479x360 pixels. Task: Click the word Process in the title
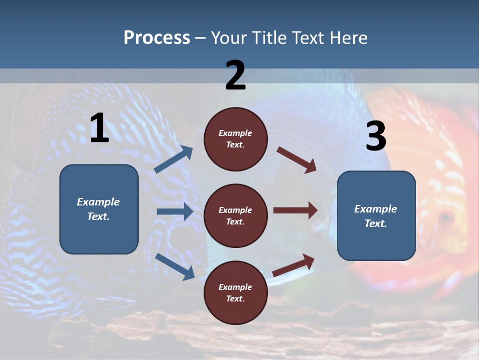coord(157,38)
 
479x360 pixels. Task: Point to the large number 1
coord(99,128)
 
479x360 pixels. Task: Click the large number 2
coord(236,75)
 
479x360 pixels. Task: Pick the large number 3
coord(376,136)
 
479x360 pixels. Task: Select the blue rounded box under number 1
coord(99,209)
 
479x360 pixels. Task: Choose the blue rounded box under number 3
coord(376,215)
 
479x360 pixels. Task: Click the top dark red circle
coord(236,139)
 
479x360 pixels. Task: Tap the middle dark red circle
coord(236,215)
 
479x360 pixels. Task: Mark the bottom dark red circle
coord(236,292)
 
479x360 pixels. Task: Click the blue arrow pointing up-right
coord(174,159)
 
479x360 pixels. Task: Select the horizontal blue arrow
coord(175,211)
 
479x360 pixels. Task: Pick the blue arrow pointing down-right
coord(175,266)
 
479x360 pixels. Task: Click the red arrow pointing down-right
coord(297,160)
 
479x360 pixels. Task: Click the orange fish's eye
coord(445,217)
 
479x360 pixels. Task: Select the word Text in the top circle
coord(235,145)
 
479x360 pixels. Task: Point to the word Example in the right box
coord(376,209)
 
